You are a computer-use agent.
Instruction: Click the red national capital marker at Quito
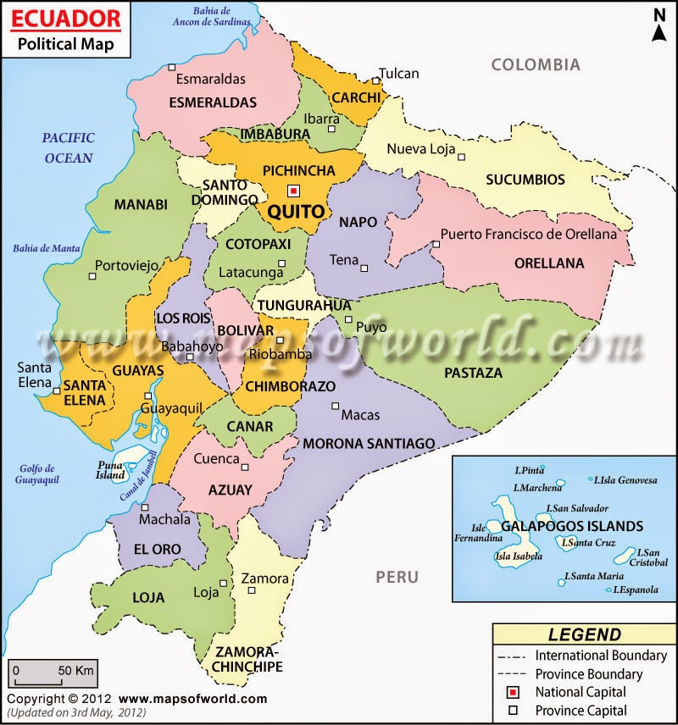pyautogui.click(x=293, y=191)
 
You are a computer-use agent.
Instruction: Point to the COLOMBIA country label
pyautogui.click(x=536, y=64)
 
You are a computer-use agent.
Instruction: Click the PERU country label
pyautogui.click(x=397, y=578)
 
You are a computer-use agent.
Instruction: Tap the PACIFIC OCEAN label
pyautogui.click(x=69, y=147)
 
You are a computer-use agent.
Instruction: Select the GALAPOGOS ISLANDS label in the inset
pyautogui.click(x=572, y=526)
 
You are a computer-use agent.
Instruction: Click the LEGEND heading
pyautogui.click(x=584, y=634)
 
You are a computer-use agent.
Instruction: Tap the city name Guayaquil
pyautogui.click(x=171, y=408)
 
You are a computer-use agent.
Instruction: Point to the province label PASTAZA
pyautogui.click(x=473, y=373)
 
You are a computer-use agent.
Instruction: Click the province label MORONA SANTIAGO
pyautogui.click(x=369, y=443)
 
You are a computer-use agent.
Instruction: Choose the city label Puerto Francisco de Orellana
pyautogui.click(x=529, y=235)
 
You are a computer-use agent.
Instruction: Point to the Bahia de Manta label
pyautogui.click(x=46, y=248)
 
